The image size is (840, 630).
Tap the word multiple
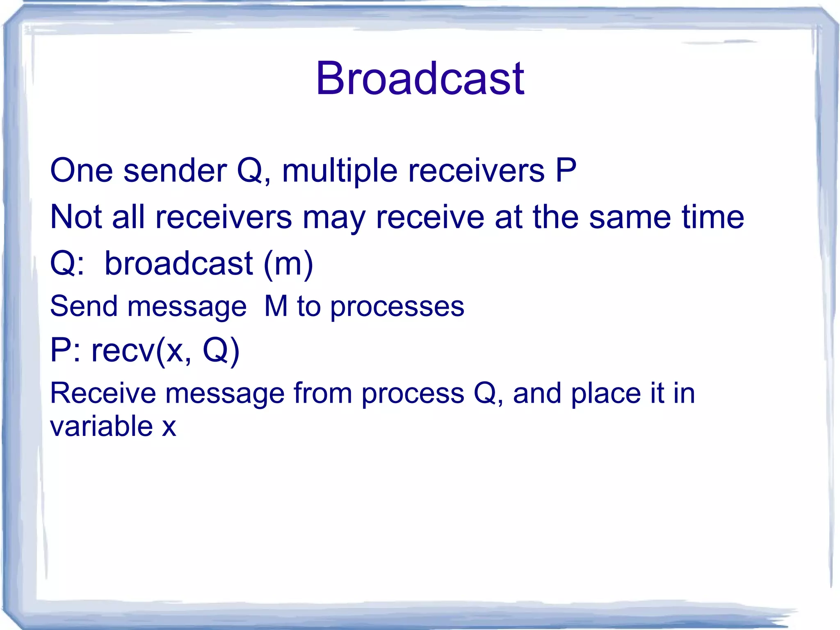(x=339, y=171)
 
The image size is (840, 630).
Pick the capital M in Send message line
(x=276, y=306)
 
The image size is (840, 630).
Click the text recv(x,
(x=142, y=351)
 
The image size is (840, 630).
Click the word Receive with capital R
(x=103, y=393)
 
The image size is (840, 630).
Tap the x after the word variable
(x=169, y=427)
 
